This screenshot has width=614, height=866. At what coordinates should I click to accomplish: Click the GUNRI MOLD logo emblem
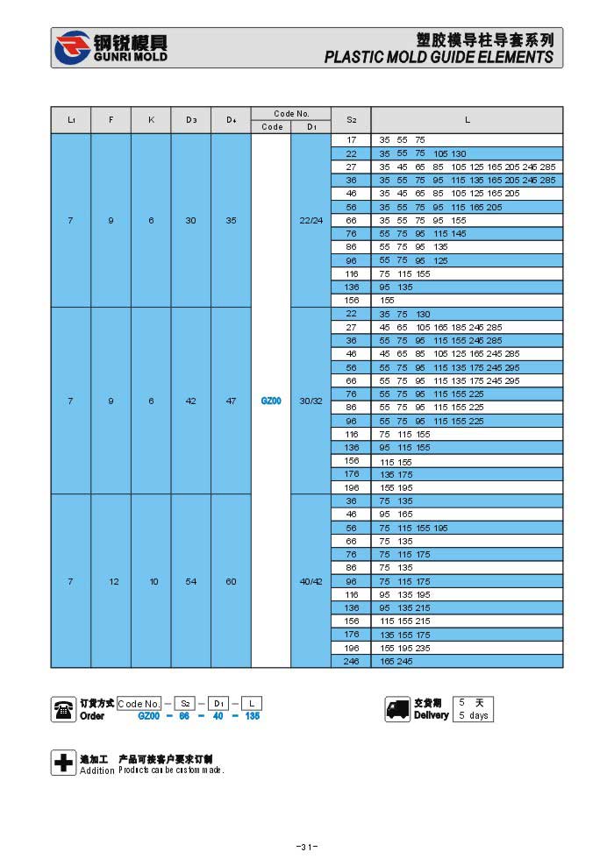[x=72, y=47]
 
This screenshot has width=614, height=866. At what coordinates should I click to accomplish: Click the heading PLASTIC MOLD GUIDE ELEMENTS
[x=439, y=57]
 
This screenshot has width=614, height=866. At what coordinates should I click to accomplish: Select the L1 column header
[x=70, y=119]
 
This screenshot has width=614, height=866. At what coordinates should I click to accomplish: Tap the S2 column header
[x=351, y=119]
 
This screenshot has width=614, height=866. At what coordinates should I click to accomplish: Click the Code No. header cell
[x=291, y=113]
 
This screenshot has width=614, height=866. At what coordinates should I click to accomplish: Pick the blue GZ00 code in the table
[x=271, y=401]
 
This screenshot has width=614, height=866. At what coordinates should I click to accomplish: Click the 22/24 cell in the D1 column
[x=311, y=220]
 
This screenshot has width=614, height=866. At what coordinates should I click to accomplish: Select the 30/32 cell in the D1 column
[x=311, y=401]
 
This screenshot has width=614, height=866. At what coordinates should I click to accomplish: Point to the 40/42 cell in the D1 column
[x=311, y=581]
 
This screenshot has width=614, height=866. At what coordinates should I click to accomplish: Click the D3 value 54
[x=190, y=581]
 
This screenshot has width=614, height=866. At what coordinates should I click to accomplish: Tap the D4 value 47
[x=231, y=401]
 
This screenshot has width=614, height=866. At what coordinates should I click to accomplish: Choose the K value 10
[x=151, y=581]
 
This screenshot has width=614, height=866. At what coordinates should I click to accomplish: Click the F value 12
[x=111, y=581]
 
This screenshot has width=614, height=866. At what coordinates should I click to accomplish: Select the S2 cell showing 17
[x=351, y=140]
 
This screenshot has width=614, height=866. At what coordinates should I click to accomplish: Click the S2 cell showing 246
[x=351, y=662]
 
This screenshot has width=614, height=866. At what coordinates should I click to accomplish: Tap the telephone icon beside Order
[x=63, y=709]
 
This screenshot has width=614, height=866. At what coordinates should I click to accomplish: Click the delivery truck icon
[x=397, y=709]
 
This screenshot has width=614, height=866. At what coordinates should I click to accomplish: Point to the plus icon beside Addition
[x=63, y=763]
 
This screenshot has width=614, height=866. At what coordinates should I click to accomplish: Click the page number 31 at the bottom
[x=306, y=847]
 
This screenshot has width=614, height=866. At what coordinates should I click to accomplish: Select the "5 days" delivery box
[x=474, y=715]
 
